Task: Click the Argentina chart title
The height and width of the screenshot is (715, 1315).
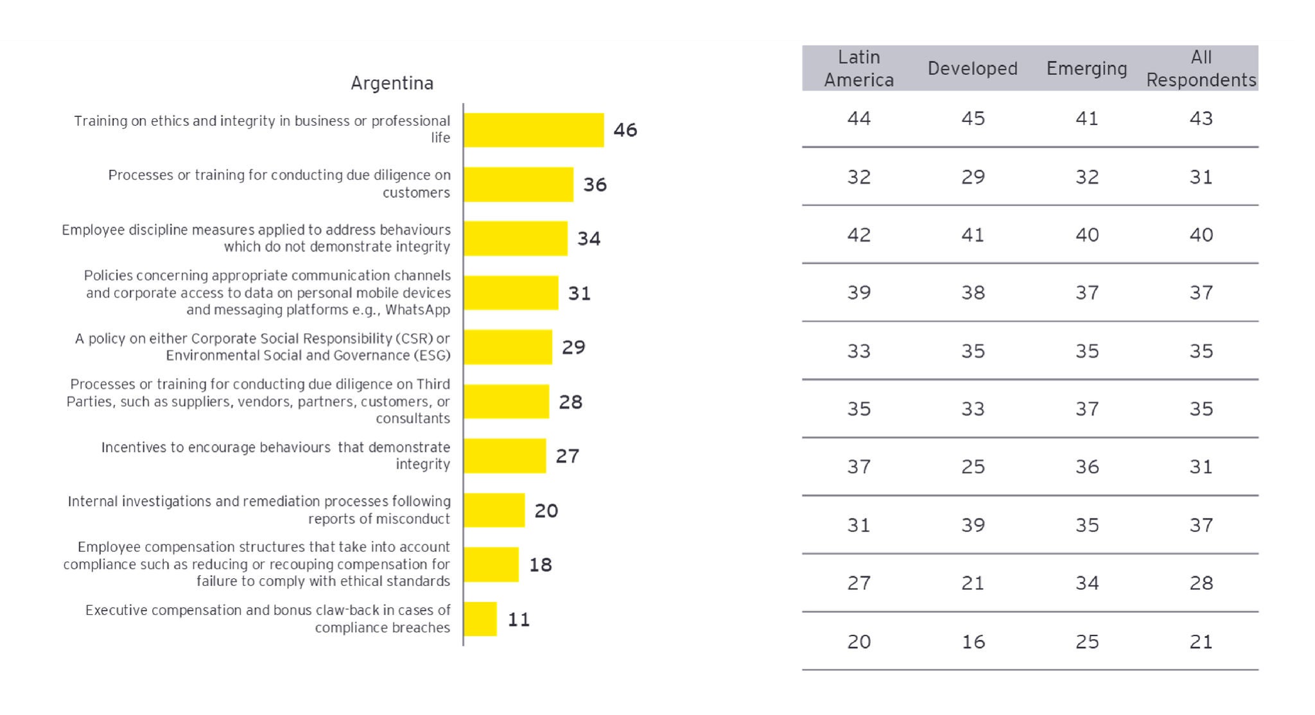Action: tap(392, 83)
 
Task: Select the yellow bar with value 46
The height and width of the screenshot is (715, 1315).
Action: tap(533, 130)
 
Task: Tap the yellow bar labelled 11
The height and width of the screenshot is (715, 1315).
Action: tap(480, 619)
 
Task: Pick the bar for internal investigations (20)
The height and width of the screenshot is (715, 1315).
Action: tap(494, 510)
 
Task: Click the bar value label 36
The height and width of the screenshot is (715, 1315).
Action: tap(595, 185)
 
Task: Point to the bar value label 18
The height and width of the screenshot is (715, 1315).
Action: tap(540, 565)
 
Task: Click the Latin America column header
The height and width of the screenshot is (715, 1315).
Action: tap(858, 69)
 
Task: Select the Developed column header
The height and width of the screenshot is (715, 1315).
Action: tap(972, 69)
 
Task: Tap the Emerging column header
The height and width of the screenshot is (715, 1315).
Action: tap(1086, 69)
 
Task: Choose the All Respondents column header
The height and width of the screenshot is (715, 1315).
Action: tap(1201, 69)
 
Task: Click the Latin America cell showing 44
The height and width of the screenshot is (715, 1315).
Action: tap(858, 119)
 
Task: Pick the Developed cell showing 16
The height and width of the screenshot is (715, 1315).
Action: tap(973, 642)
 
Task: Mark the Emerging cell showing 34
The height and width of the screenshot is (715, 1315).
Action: tap(1086, 583)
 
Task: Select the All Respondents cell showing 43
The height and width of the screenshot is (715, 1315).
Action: tap(1201, 119)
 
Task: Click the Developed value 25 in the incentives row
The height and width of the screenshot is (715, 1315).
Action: tap(973, 467)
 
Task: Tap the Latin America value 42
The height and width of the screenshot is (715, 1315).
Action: tap(858, 235)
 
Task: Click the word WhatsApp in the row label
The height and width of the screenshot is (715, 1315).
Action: tap(417, 310)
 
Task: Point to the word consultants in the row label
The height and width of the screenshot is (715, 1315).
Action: tap(412, 418)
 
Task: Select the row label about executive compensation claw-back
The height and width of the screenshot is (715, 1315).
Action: tap(268, 619)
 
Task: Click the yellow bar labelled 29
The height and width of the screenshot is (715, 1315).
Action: tap(507, 347)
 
